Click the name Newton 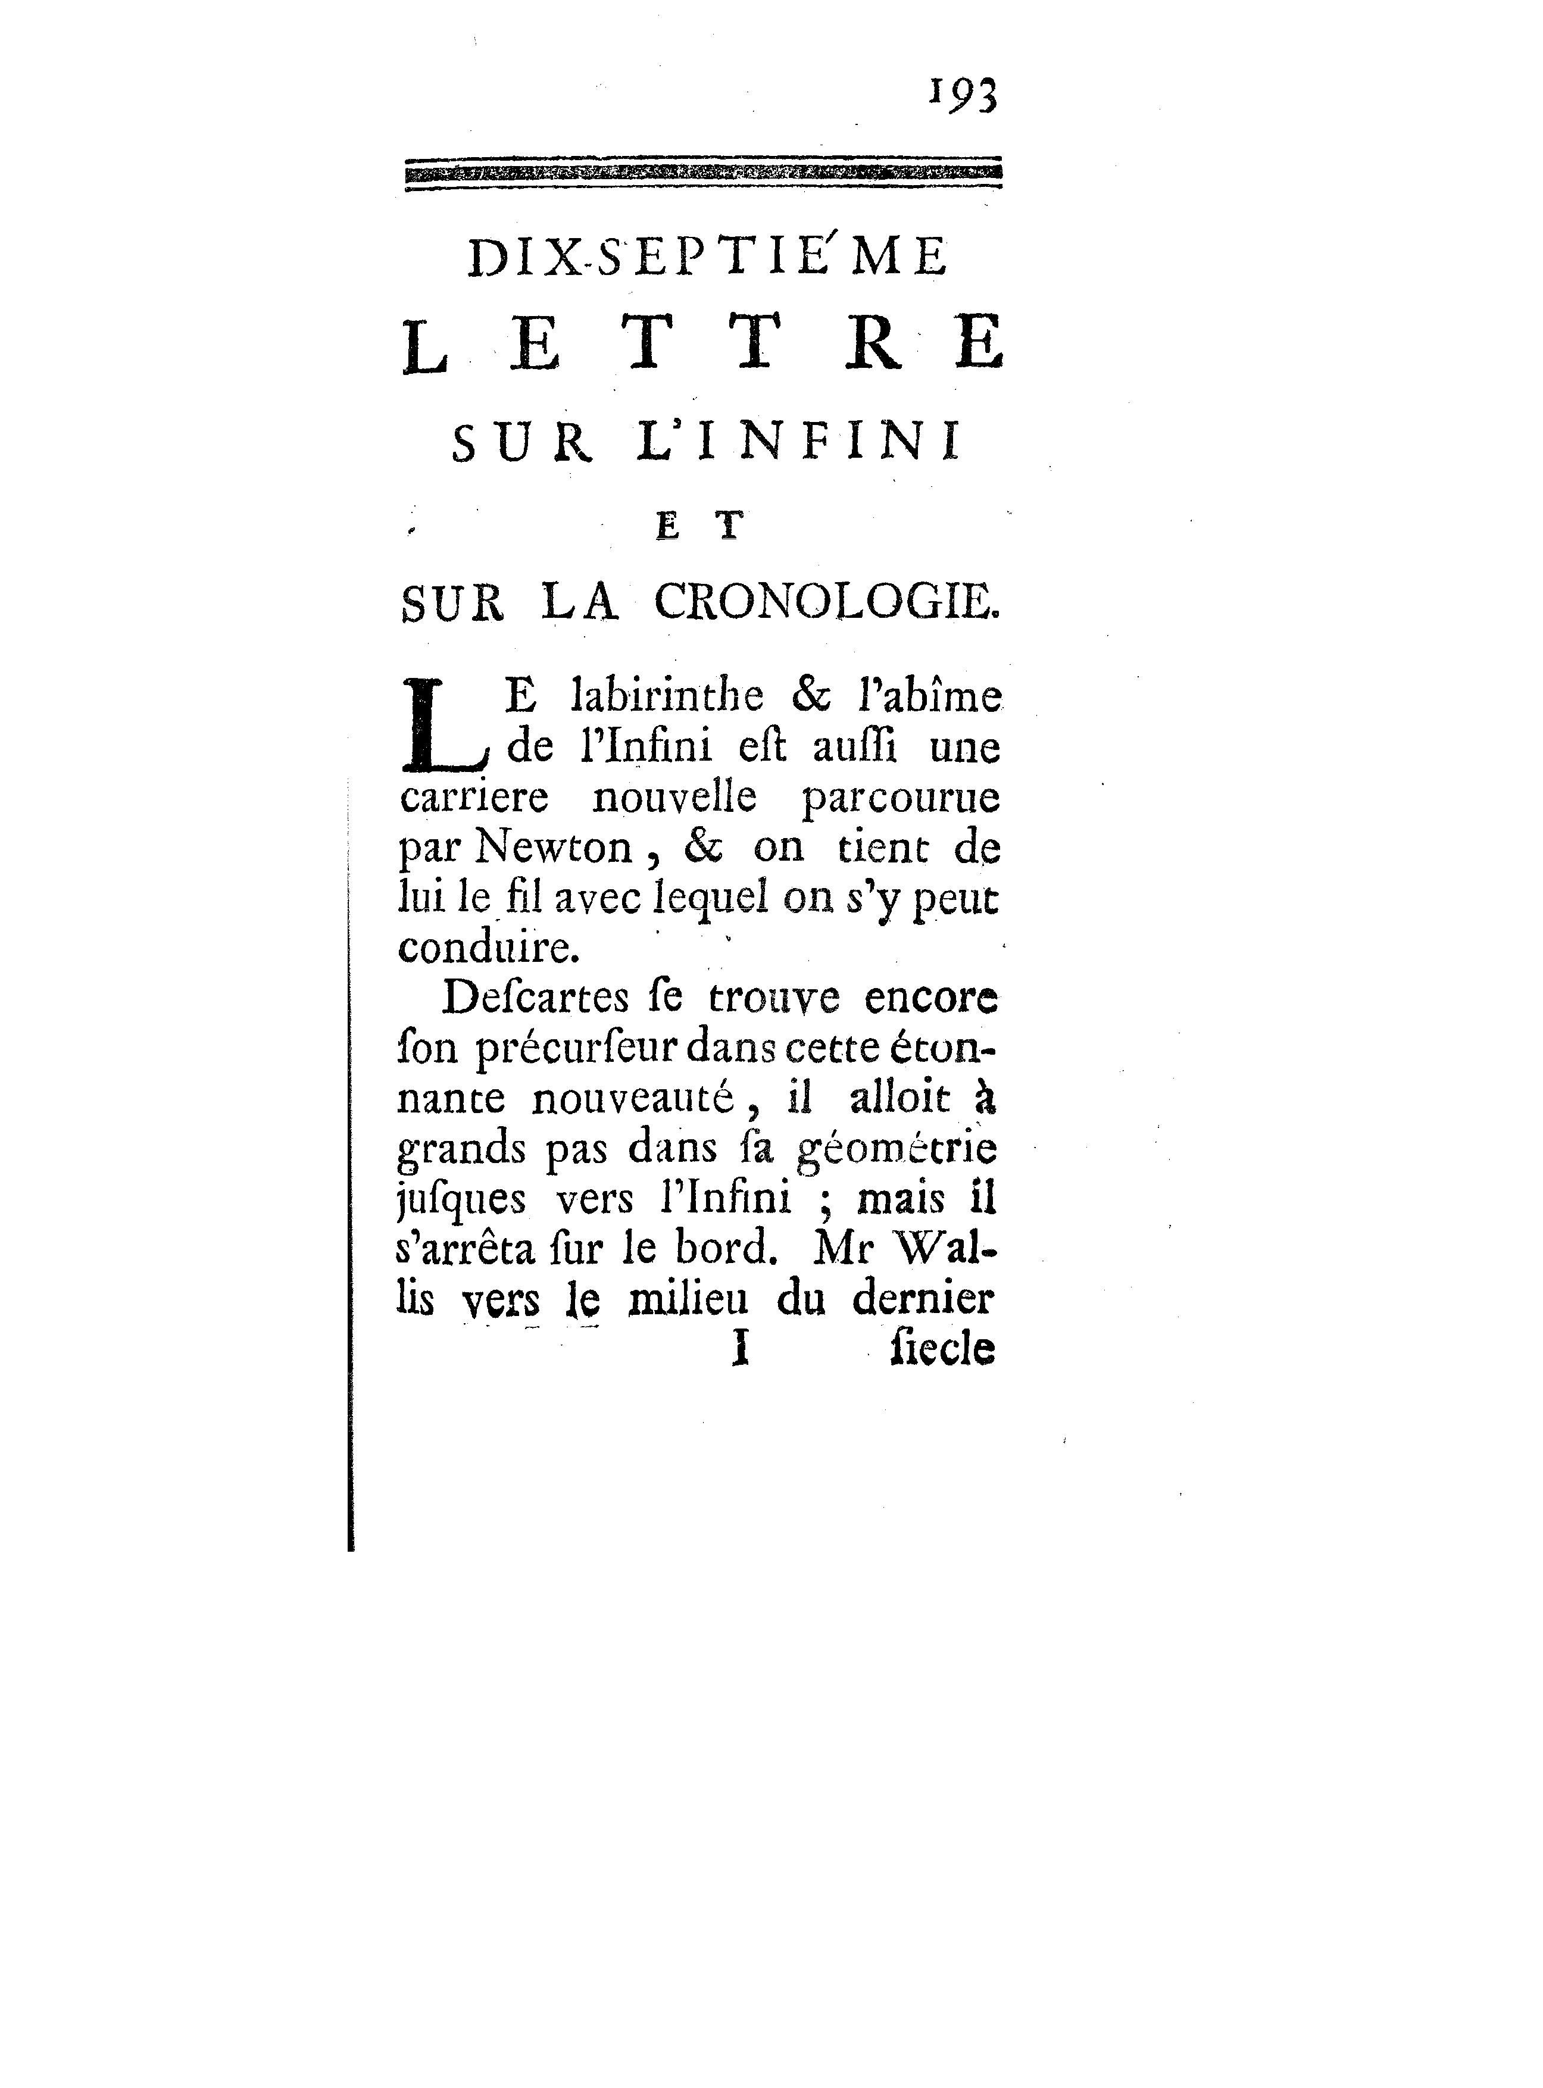(x=553, y=848)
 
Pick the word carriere (x=473, y=798)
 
